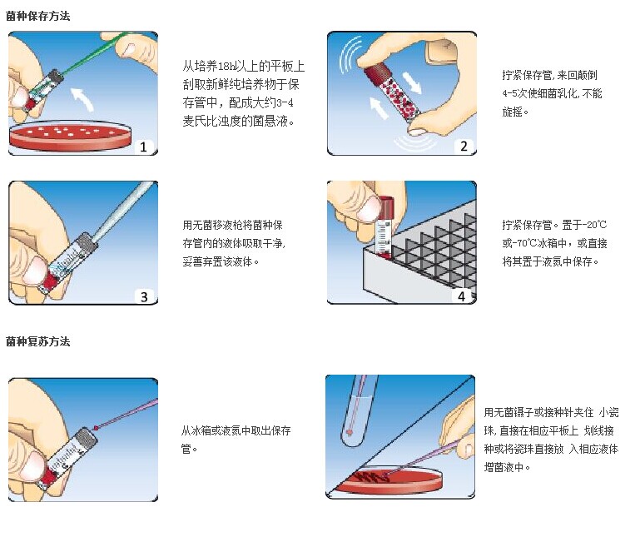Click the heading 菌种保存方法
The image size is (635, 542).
[37, 15]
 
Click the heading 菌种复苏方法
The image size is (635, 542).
[37, 341]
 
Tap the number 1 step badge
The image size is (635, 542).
[144, 147]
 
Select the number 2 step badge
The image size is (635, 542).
[463, 147]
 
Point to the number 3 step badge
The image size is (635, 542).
[144, 296]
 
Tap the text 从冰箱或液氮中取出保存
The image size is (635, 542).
[236, 430]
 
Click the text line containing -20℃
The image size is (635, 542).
[554, 225]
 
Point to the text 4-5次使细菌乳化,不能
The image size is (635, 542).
[553, 94]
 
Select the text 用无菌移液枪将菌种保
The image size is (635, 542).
[233, 225]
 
